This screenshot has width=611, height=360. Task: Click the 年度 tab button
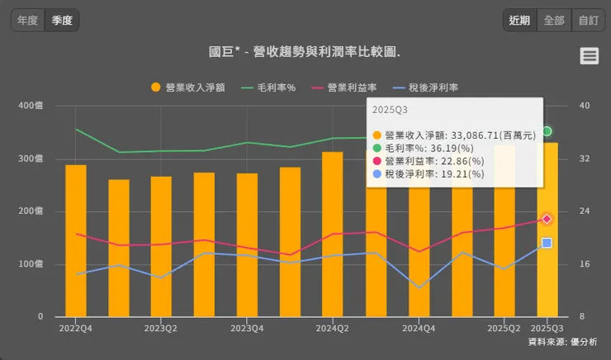[x=28, y=20]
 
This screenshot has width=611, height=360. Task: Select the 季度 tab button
[x=62, y=20]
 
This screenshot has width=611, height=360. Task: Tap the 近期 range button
[x=519, y=20]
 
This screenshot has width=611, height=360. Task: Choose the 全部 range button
[x=554, y=20]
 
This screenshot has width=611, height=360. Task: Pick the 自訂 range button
[x=588, y=20]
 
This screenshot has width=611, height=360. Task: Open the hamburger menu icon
[x=589, y=55]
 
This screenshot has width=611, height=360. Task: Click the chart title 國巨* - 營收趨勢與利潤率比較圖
[x=305, y=52]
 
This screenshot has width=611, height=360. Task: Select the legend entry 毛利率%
[x=269, y=87]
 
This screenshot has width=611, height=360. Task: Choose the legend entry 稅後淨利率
[x=426, y=87]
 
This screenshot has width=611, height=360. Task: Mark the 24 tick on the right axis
[x=585, y=211]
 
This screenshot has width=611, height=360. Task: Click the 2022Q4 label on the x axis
[x=75, y=328]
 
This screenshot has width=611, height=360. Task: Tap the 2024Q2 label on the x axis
[x=332, y=328]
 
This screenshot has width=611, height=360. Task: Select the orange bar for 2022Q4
[x=76, y=240]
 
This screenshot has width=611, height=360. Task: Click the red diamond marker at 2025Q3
[x=547, y=219]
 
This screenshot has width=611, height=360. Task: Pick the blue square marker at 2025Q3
[x=547, y=243]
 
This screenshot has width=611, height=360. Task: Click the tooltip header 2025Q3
[x=390, y=109]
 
